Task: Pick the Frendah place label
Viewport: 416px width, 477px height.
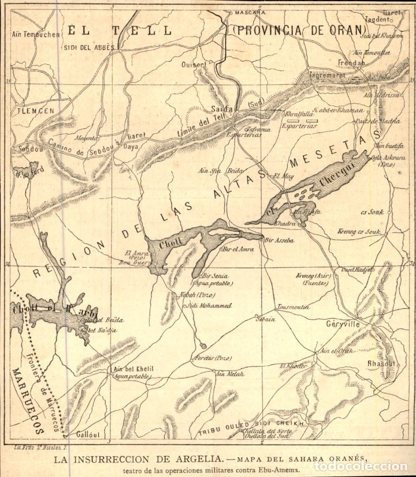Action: tap(352, 62)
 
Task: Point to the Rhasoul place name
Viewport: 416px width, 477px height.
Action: tap(381, 364)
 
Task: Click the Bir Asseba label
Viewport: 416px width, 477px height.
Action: tap(280, 240)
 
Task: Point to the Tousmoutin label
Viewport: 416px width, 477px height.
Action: tap(293, 306)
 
